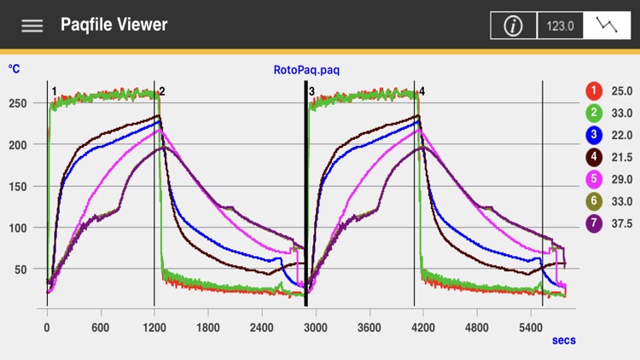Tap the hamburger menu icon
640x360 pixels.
point(32,26)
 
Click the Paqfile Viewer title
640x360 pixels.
point(113,25)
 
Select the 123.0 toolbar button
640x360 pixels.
point(560,26)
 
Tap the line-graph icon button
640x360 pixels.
point(608,26)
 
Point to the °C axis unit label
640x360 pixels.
point(15,68)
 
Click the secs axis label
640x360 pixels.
point(563,340)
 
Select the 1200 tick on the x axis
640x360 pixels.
point(154,327)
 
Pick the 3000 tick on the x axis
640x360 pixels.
point(316,327)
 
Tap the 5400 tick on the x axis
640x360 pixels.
point(531,327)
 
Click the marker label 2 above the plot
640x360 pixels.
point(162,90)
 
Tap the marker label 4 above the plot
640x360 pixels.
point(422,90)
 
